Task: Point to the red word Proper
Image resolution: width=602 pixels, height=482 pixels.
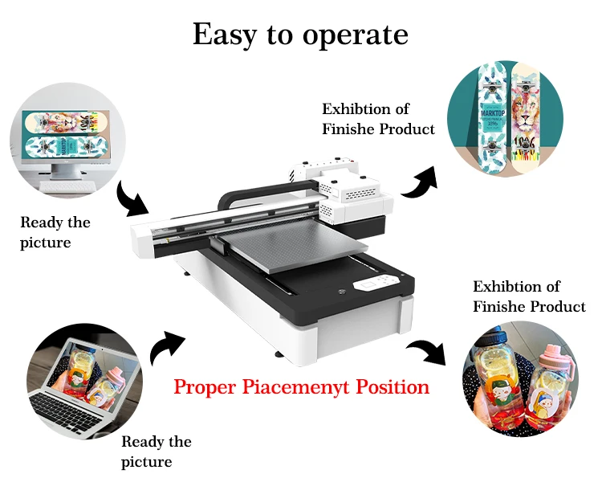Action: tap(203, 387)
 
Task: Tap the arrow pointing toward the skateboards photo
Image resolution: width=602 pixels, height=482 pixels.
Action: tap(420, 182)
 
